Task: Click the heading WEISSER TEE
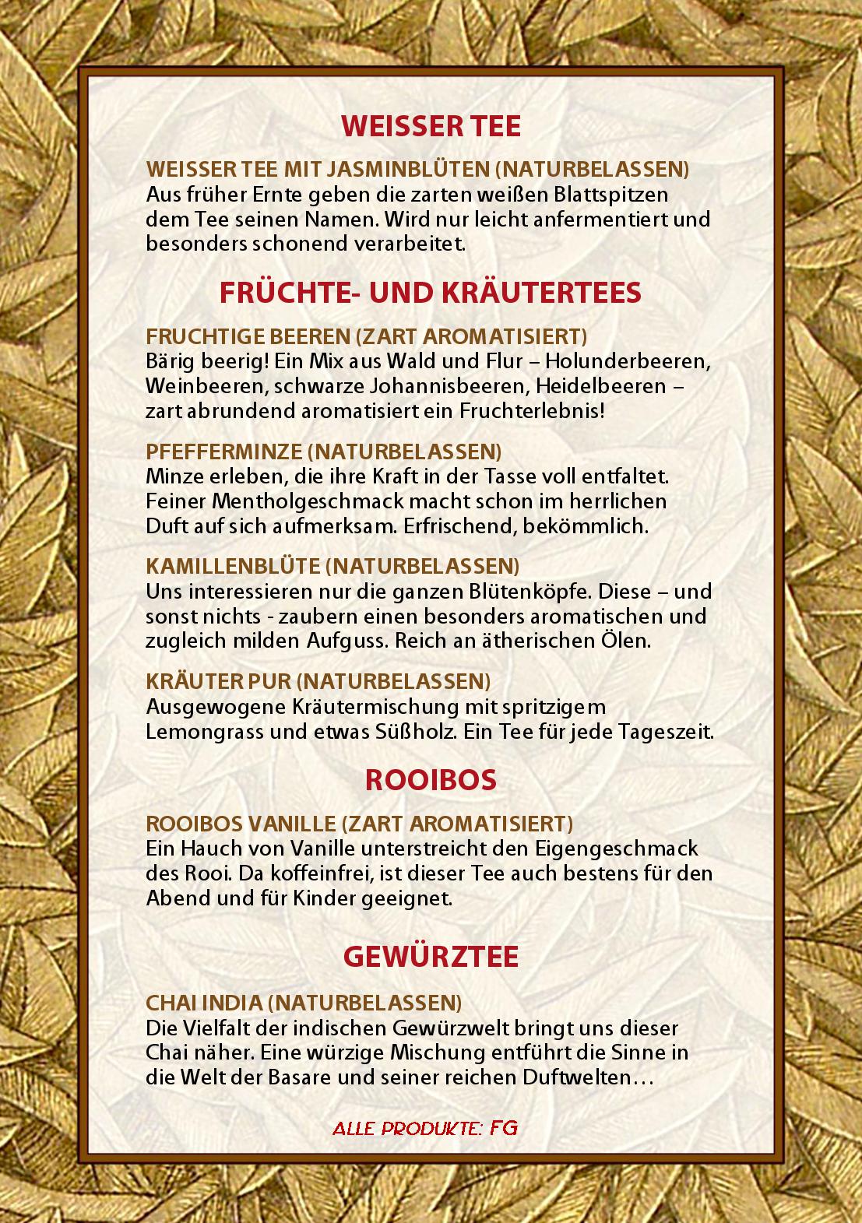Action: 431,126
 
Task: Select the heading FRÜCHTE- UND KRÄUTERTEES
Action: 431,293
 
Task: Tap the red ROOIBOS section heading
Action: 431,781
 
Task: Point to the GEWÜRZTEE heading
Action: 431,957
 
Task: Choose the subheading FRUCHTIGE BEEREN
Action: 248,336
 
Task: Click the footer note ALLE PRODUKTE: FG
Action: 425,1128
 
